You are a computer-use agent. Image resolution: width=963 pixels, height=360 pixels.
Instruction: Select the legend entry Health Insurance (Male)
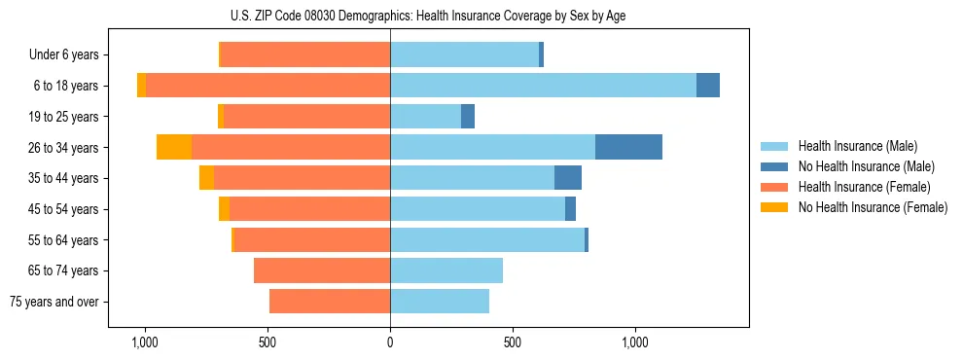pos(857,146)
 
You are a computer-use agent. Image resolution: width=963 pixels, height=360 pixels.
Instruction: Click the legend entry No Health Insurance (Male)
pos(866,166)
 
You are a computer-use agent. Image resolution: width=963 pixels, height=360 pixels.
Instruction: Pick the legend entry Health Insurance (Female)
pos(864,187)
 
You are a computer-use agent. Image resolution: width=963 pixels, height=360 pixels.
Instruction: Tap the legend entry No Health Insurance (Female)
pos(873,207)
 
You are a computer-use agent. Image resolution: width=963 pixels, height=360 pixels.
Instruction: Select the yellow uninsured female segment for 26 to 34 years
pos(174,147)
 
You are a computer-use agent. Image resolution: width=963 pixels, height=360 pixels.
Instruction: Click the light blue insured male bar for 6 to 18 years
pos(543,86)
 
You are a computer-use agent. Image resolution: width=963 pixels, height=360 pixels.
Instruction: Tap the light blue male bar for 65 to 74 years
pos(446,270)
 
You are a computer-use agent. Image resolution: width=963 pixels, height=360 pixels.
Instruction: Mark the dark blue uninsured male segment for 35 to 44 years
pos(568,178)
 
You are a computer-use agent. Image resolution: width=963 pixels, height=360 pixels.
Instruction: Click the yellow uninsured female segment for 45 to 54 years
pos(225,209)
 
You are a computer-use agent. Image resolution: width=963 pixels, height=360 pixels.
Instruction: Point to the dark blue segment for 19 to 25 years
pos(468,117)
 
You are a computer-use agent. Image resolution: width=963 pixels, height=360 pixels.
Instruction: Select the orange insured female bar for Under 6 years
pos(305,54)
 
